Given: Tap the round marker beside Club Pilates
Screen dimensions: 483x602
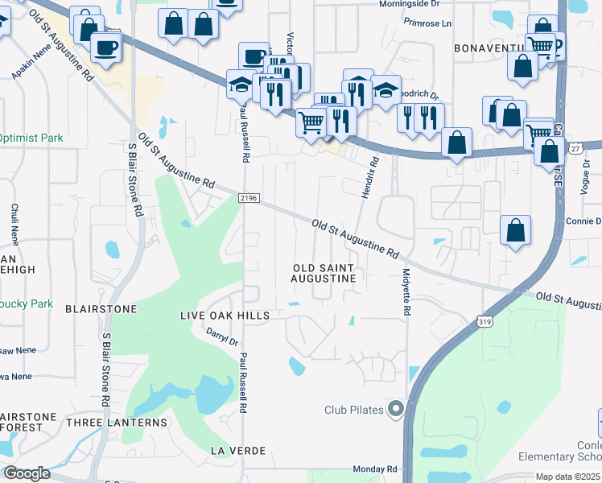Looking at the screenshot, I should [395, 410].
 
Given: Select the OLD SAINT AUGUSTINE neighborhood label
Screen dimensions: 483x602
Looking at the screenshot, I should [324, 272].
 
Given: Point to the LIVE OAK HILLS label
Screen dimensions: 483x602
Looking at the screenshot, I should [224, 316].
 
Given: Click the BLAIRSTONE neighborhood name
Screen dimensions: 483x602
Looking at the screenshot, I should [101, 308].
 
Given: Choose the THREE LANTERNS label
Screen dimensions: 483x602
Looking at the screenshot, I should [117, 422].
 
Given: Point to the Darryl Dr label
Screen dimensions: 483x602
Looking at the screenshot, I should [223, 336].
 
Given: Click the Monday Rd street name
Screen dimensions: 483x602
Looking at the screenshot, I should [376, 469].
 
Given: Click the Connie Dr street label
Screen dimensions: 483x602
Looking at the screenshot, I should [583, 221].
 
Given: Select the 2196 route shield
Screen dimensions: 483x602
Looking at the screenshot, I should [247, 198].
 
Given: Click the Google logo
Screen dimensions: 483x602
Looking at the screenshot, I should [27, 473].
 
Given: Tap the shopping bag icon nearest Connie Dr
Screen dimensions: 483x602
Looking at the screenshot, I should [515, 230].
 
